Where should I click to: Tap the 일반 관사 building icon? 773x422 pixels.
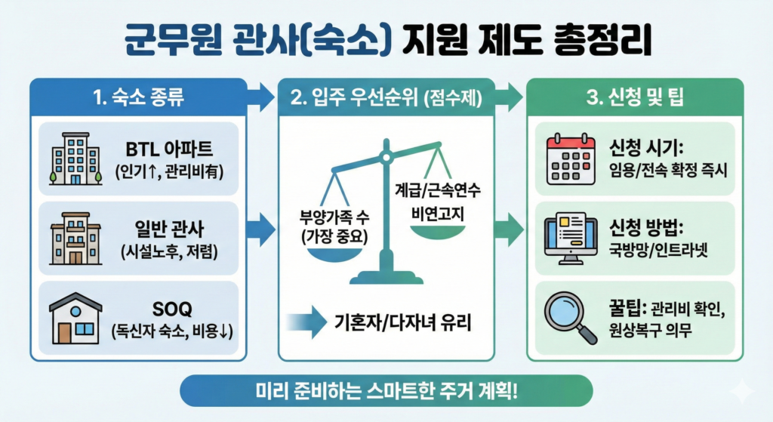(x=73, y=238)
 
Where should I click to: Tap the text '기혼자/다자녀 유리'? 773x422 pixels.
(x=402, y=324)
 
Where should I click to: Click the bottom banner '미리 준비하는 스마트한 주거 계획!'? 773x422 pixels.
(x=386, y=393)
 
